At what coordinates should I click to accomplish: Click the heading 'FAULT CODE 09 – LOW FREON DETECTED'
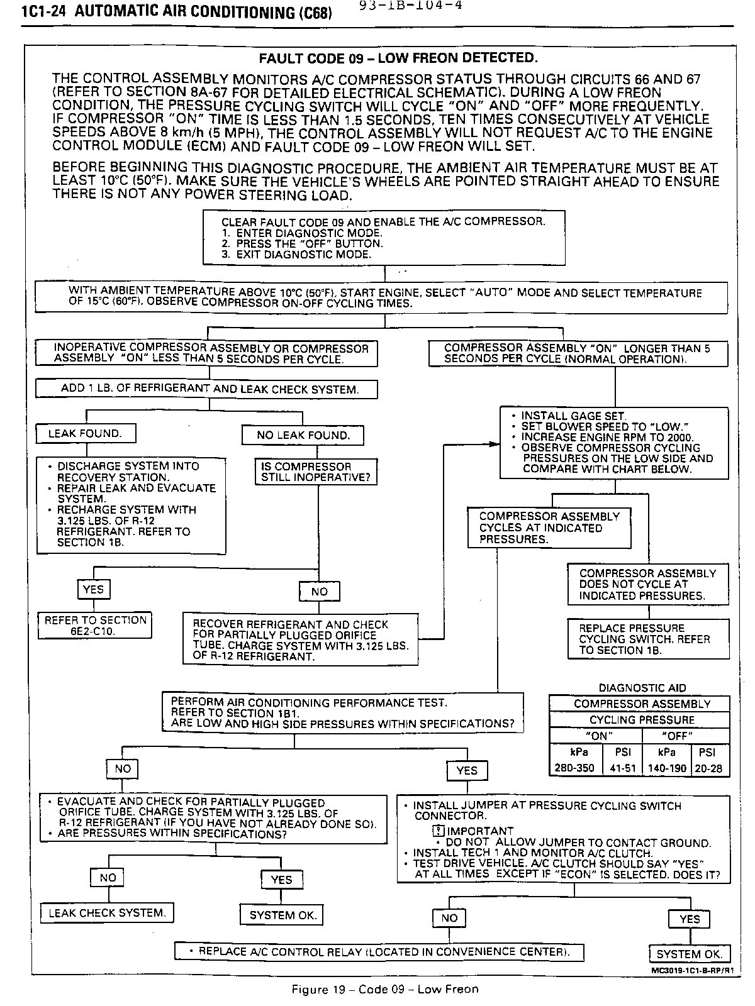pos(399,58)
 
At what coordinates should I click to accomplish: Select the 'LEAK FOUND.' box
pos(85,434)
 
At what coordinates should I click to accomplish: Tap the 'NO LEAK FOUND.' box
pos(303,435)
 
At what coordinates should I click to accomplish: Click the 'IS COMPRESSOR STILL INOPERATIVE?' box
pos(316,472)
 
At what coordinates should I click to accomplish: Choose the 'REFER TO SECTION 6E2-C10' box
pos(94,626)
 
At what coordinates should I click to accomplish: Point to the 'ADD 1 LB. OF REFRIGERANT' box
pos(206,389)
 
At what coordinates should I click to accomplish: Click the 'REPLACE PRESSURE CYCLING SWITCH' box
pos(648,639)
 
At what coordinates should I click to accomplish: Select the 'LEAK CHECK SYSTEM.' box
pos(107,913)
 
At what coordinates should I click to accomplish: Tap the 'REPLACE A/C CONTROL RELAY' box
pos(379,952)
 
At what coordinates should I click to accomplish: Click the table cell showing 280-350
pos(574,768)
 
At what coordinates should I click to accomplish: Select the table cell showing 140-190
pos(666,768)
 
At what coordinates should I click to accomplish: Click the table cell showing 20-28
pos(709,768)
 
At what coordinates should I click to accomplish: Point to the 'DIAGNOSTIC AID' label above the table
pos(642,688)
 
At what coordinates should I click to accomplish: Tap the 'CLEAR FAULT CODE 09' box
pos(384,238)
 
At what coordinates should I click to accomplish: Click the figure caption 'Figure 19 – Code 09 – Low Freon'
pos(385,989)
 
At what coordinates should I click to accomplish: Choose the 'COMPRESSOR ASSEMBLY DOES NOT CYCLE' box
pos(648,584)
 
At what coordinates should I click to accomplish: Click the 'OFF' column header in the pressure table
pos(677,736)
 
